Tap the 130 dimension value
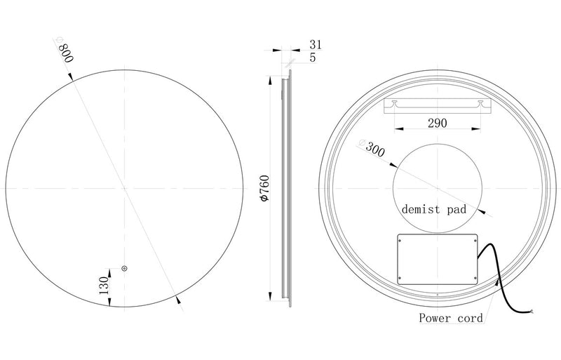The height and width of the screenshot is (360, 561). point(103,285)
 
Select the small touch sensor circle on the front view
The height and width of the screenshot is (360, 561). point(125,269)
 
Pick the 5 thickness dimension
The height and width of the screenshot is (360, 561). point(312,58)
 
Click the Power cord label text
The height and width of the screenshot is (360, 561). point(450,318)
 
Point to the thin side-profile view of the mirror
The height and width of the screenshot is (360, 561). point(285,188)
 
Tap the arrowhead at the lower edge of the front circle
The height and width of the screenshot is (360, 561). point(178,300)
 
